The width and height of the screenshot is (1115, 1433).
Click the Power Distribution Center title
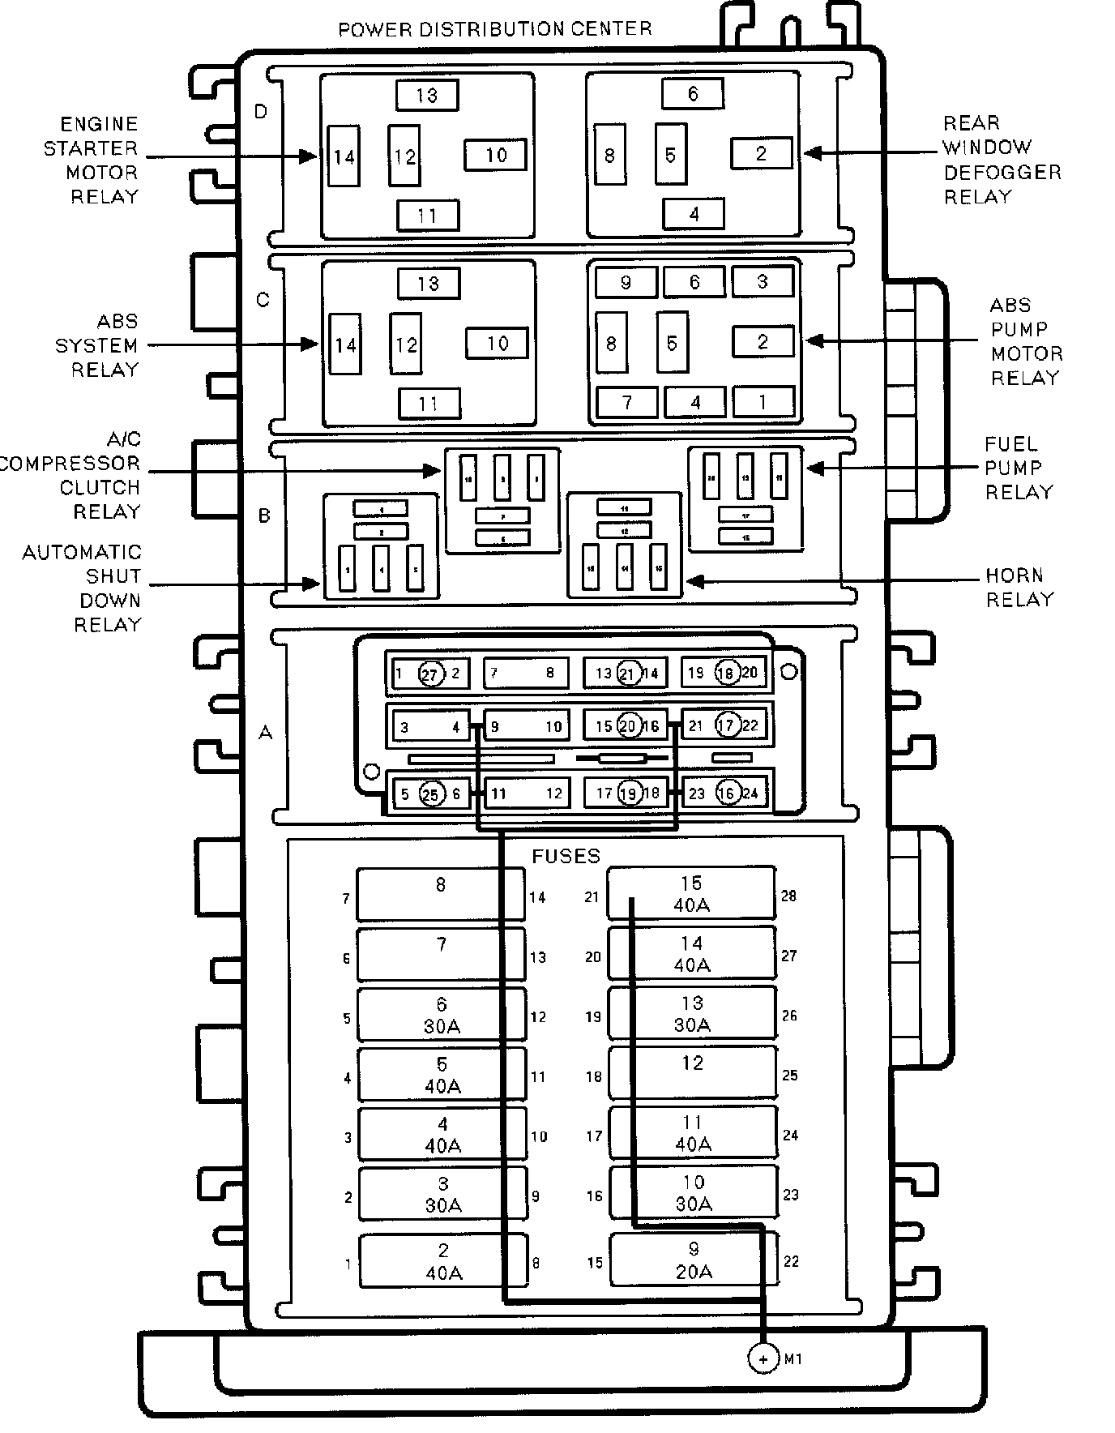(494, 30)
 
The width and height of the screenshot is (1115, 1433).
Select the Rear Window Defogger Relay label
(1001, 160)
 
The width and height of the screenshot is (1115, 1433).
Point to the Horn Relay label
(1019, 588)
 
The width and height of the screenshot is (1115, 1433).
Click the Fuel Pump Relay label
(1018, 468)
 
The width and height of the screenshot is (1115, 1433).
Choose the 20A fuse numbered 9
(693, 1260)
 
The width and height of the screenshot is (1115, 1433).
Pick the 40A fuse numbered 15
(691, 893)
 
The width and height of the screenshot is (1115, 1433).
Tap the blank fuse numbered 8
(441, 893)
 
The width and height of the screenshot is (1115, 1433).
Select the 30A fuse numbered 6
(442, 1015)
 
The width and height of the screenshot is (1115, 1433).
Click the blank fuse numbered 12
(692, 1073)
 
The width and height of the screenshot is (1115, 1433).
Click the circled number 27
(431, 674)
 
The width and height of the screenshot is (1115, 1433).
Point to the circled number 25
(431, 794)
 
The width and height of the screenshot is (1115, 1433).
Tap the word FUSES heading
(566, 856)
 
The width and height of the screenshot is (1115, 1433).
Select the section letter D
(261, 111)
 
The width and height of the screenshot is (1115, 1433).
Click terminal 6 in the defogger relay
(692, 94)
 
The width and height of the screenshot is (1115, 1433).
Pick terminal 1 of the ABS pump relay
(763, 401)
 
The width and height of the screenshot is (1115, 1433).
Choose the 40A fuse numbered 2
(443, 1261)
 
